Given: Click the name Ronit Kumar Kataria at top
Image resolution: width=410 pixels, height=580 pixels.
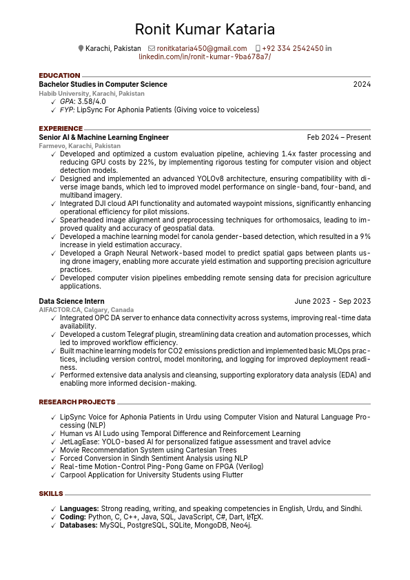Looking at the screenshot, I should tap(205, 29).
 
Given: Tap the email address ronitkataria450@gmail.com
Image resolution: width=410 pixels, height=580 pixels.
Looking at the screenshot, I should tap(201, 48).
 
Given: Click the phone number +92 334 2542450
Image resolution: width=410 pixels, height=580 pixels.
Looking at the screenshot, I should tap(292, 48).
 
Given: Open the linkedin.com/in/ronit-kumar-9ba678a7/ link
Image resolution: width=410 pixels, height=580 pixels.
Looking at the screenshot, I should tap(205, 56).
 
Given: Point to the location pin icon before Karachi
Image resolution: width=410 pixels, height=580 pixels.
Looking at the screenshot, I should tap(81, 48).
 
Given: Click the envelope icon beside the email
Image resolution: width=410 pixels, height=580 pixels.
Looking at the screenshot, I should tap(152, 48).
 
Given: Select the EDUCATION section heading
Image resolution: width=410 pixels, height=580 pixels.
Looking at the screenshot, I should tap(59, 76).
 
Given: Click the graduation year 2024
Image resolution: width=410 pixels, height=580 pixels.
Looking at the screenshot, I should tap(362, 84).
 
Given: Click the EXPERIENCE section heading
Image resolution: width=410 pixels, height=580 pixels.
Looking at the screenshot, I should tap(61, 129).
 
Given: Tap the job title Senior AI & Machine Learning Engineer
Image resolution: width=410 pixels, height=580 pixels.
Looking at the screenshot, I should tap(103, 137).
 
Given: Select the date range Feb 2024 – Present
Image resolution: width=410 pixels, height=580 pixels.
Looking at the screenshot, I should tap(338, 137).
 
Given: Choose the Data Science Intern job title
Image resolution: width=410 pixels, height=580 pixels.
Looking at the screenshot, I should tap(72, 301).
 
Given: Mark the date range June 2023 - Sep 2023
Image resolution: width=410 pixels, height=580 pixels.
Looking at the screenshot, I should tap(332, 301).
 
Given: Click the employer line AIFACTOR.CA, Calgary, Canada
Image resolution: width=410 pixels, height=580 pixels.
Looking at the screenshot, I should tap(86, 310).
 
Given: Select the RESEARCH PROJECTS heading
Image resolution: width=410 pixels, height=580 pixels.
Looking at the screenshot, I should tap(77, 402).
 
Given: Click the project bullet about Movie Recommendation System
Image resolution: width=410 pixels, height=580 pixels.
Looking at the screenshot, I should tap(148, 450).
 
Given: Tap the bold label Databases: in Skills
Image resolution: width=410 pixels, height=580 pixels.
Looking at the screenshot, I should tap(79, 525).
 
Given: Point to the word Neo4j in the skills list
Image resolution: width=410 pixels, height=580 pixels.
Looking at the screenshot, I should tap(239, 525).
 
